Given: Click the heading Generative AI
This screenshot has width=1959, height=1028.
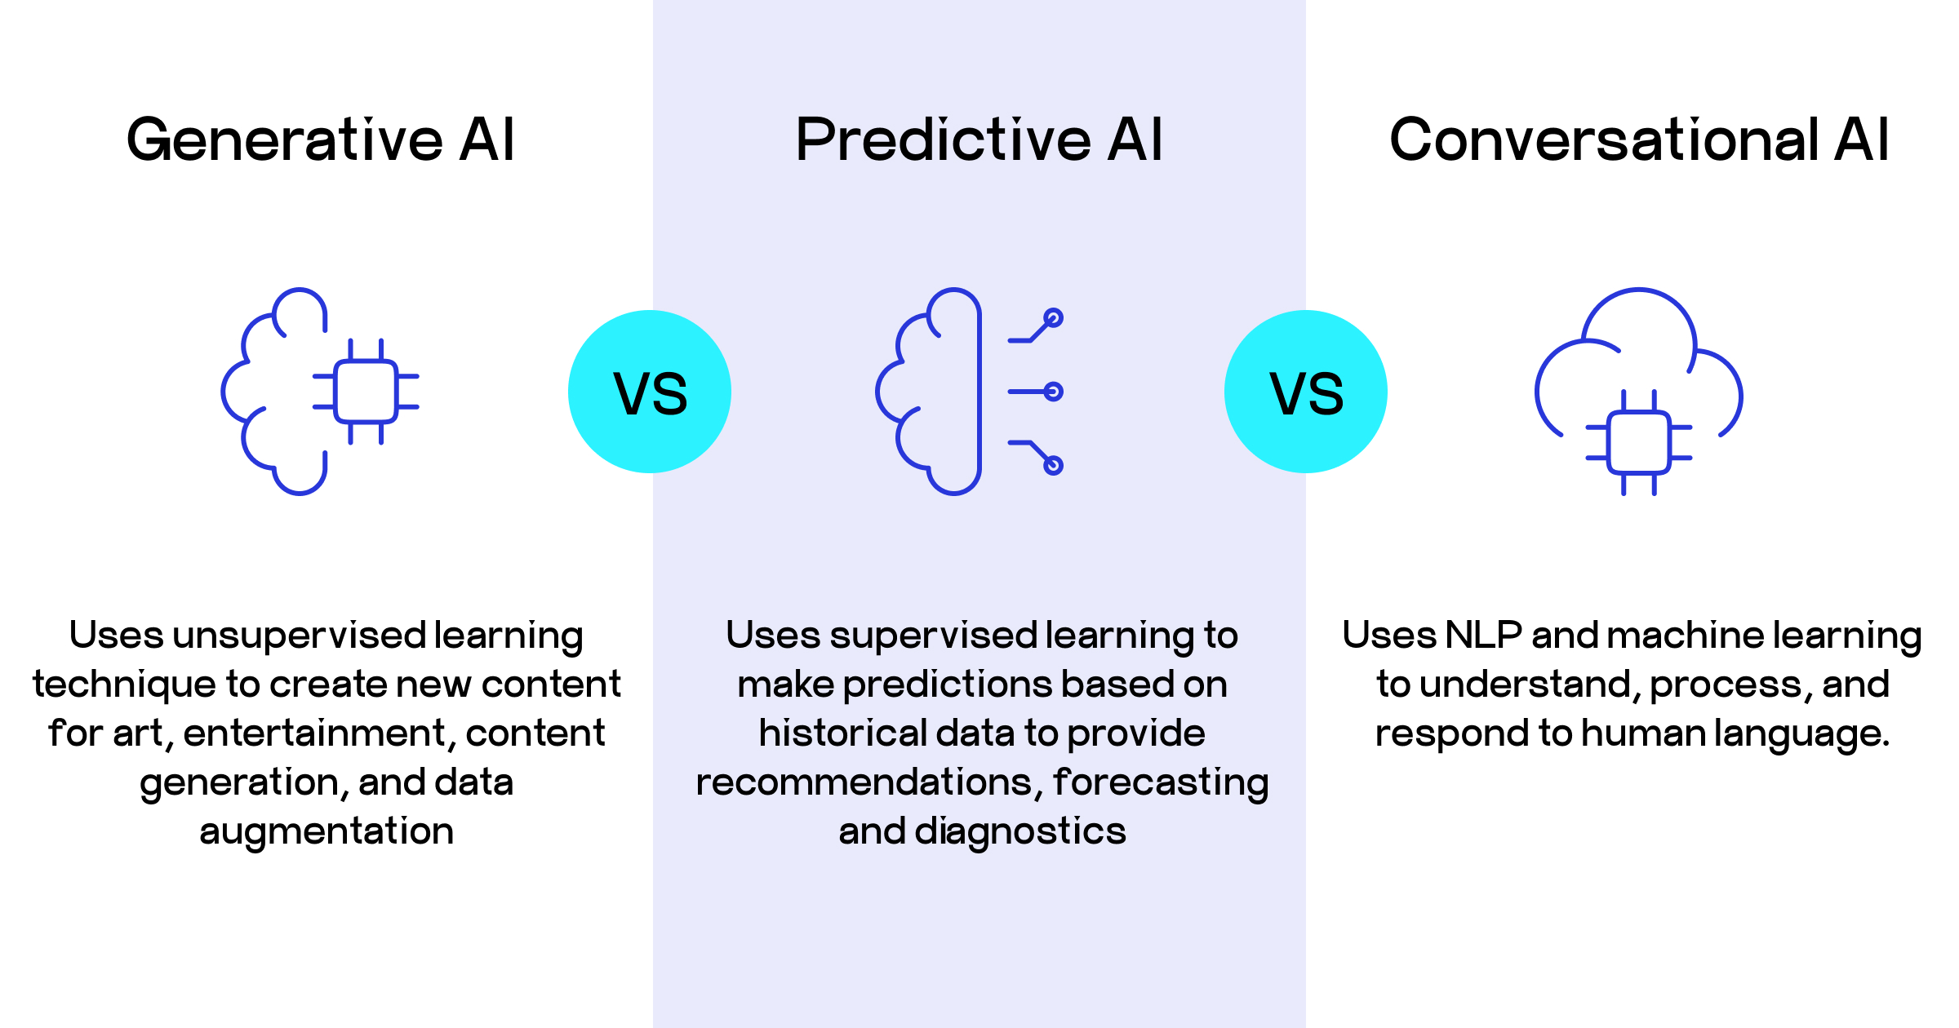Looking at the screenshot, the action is coord(320,140).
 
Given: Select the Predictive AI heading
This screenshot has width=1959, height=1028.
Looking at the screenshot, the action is coord(979,140).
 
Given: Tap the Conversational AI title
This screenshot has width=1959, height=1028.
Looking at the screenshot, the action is coord(1639,140).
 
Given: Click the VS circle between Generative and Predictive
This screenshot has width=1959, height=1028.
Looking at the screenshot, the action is coord(650,392).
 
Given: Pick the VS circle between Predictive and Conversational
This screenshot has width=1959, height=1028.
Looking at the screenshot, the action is coord(1306,392).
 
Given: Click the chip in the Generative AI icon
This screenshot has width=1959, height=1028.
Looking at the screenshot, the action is coord(366,392).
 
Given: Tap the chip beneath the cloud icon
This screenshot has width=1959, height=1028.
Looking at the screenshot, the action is coord(1638,443).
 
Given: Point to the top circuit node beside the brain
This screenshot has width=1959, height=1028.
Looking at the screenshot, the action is coord(1054,317).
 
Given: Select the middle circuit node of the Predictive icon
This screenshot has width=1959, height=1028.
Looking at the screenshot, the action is coord(1054,392).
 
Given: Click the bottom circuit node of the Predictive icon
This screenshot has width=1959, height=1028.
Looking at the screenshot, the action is coord(1054,466).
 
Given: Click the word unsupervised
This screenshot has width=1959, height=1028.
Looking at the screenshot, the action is coord(300,636).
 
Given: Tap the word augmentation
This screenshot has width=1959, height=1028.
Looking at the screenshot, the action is coord(326,832).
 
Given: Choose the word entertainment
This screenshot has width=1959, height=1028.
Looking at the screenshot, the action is coord(316,734).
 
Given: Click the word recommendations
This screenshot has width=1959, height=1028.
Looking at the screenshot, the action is coord(868,783).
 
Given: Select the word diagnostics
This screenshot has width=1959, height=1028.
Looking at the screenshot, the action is coord(1020,832).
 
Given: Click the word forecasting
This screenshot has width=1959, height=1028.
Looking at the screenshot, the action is coord(1161,783).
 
